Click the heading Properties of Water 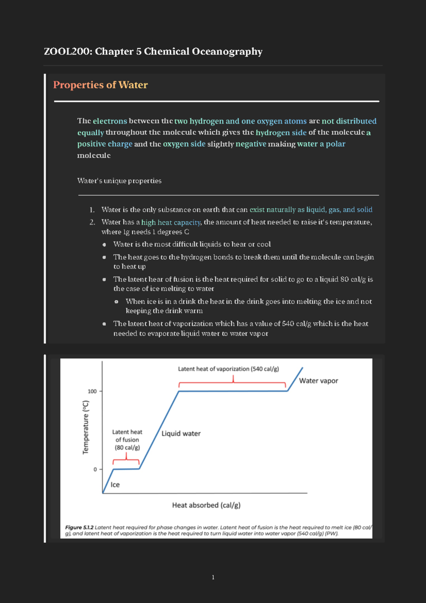[100, 85]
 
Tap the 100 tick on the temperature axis [92, 391]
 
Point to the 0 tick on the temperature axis [95, 469]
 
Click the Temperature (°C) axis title [86, 427]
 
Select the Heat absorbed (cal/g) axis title [206, 505]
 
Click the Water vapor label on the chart [318, 381]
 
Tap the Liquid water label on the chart [181, 434]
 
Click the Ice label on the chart [115, 485]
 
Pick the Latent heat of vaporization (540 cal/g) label [228, 369]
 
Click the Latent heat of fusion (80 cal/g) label [127, 440]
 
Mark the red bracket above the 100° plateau [233, 383]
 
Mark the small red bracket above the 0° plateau [126, 460]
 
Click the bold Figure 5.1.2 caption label [79, 527]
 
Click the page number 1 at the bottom [213, 577]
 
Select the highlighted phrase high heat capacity [171, 222]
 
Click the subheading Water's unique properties [119, 181]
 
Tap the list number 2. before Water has [92, 222]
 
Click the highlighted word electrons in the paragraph [110, 121]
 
